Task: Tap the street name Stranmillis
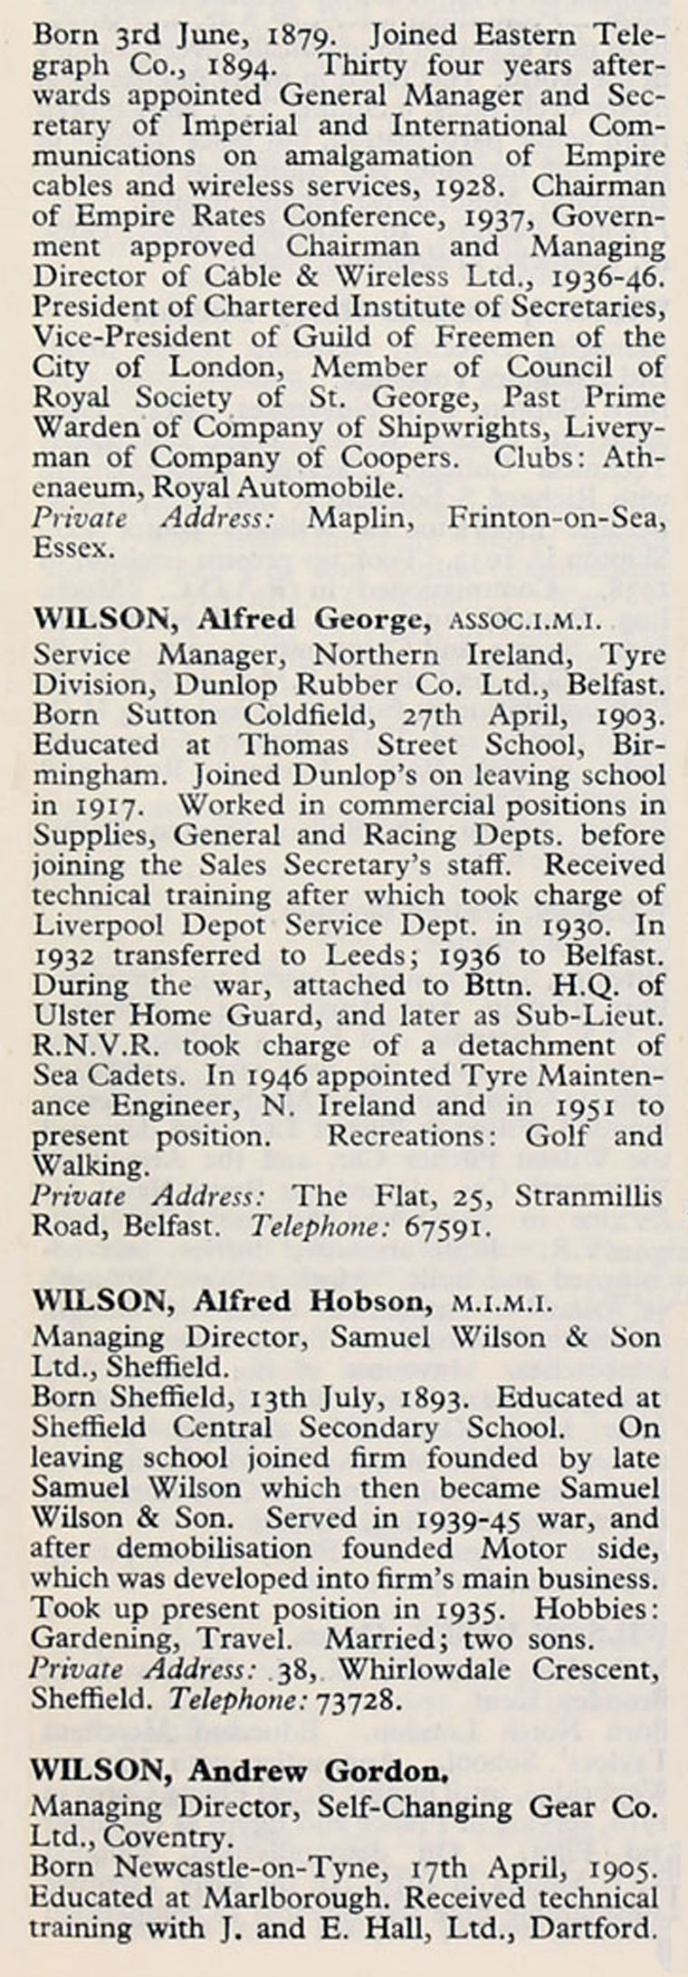point(589,1197)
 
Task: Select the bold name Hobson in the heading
point(368,1302)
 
